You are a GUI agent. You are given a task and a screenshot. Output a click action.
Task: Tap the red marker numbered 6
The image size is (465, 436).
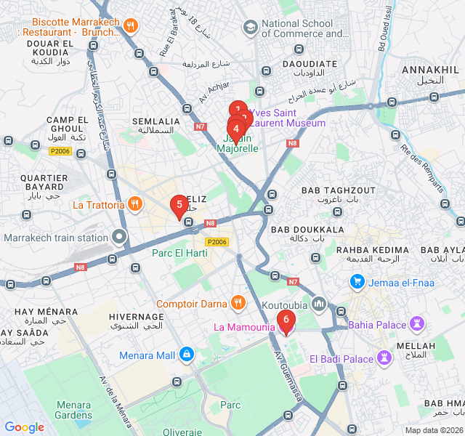click(286, 319)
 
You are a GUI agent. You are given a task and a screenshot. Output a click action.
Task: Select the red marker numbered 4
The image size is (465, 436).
click(235, 129)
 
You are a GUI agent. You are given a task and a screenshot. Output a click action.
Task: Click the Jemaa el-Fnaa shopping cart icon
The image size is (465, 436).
click(357, 280)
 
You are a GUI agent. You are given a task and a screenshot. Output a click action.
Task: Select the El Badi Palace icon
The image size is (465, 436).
click(384, 358)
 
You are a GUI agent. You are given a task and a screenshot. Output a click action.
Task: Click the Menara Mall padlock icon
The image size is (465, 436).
click(187, 354)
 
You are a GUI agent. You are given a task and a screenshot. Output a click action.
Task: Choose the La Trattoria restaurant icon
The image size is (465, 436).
click(134, 204)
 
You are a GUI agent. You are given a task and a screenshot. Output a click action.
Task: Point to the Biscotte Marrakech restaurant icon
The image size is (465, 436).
click(131, 25)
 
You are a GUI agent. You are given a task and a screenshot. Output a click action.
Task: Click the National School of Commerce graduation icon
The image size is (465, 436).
click(251, 28)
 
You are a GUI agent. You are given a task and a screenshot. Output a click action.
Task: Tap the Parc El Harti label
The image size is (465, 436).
click(179, 253)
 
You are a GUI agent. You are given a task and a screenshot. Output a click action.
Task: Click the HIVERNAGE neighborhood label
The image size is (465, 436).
click(136, 317)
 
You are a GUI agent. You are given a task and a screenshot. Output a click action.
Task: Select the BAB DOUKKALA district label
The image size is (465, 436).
click(307, 229)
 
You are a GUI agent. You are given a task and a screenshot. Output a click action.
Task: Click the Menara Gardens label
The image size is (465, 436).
click(73, 410)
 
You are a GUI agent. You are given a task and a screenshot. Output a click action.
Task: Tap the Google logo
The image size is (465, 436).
click(24, 427)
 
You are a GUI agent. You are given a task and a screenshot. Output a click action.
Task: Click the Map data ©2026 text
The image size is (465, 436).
click(433, 430)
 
